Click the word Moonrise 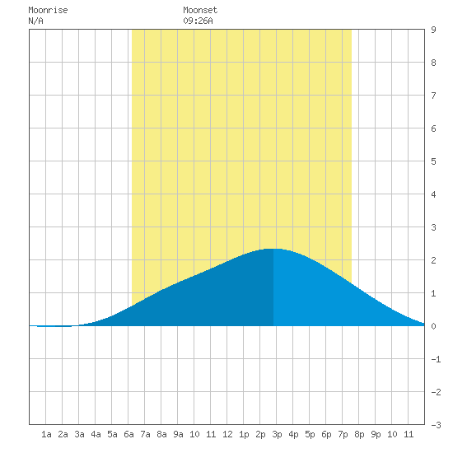[x=48, y=10]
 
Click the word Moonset [x=200, y=10]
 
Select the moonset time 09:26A [x=198, y=21]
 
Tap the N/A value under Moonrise [x=35, y=21]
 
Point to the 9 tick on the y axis [x=433, y=30]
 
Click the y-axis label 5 [x=433, y=161]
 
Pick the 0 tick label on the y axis [x=433, y=326]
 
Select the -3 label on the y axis [x=436, y=425]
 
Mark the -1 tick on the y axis [x=436, y=359]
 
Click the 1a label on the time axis [x=46, y=434]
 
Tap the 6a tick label [x=128, y=434]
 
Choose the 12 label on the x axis [x=227, y=434]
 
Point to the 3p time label [x=277, y=434]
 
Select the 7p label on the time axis [x=343, y=434]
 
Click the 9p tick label [x=376, y=434]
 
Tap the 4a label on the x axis [x=96, y=434]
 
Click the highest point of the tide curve [x=273, y=249]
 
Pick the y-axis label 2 [x=433, y=260]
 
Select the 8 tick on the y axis [x=433, y=63]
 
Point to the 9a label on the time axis [x=178, y=434]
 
